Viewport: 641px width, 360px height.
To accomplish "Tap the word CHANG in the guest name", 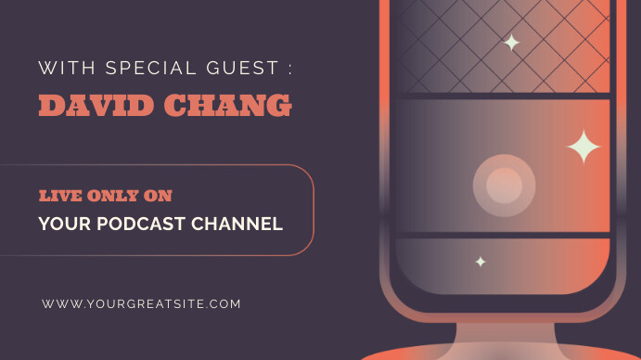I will pos(227,105).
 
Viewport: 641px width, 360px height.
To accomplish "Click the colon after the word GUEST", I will pos(289,69).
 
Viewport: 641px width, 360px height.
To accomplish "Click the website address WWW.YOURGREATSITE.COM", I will pos(141,303).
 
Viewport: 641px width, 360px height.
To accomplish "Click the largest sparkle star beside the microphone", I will pos(583,147).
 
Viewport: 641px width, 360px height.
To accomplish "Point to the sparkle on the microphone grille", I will pos(511,43).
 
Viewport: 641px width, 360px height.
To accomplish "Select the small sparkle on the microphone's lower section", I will pos(481,262).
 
